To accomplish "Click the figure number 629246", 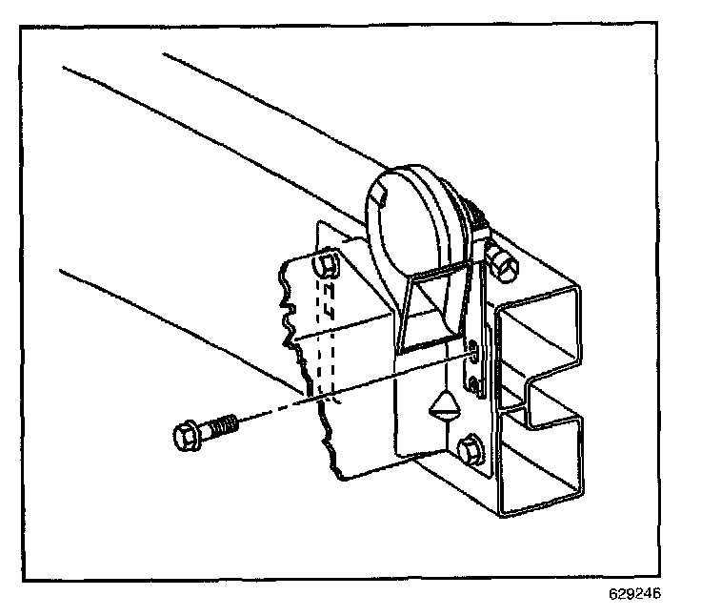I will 633,594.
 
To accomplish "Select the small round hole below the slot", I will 473,382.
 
